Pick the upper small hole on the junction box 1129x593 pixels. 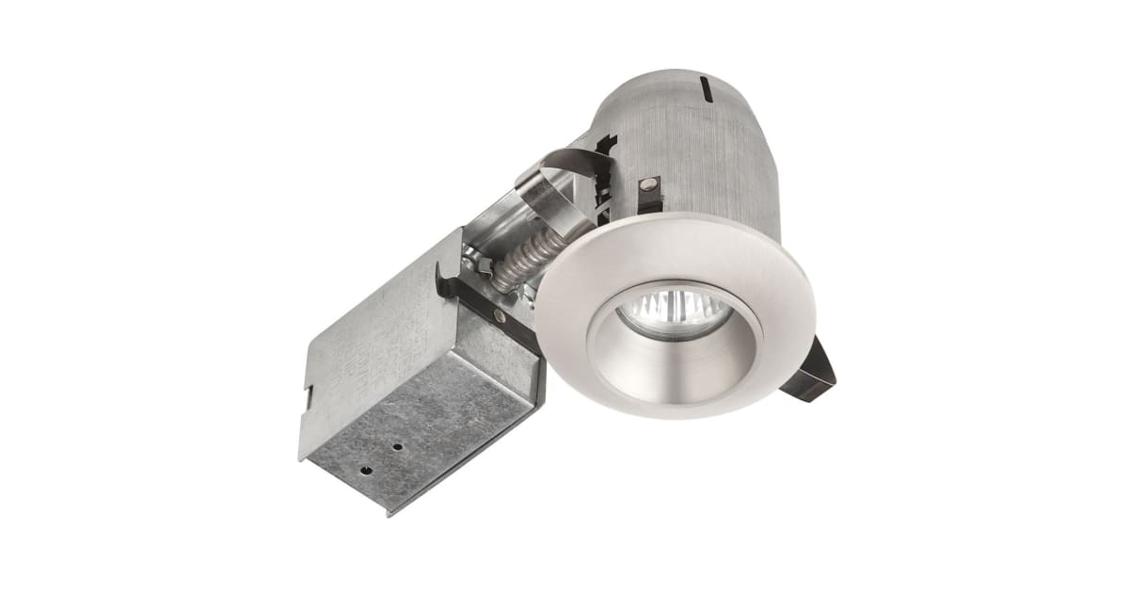click(398, 447)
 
